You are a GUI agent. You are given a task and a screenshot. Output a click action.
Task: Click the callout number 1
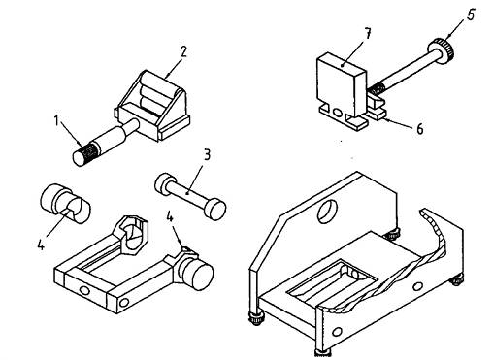pyautogui.click(x=57, y=121)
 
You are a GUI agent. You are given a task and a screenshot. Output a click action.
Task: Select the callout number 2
pyautogui.click(x=183, y=51)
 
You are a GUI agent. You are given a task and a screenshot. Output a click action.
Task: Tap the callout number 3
pyautogui.click(x=207, y=154)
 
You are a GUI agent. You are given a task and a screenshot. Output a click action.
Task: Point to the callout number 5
pyautogui.click(x=471, y=15)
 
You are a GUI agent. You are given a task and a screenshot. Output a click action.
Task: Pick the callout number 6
pyautogui.click(x=419, y=129)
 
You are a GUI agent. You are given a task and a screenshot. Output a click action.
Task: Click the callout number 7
pyautogui.click(x=367, y=34)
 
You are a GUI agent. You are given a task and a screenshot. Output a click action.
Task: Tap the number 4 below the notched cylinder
pyautogui.click(x=41, y=245)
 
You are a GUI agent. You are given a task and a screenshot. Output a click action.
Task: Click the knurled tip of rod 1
pyautogui.click(x=84, y=154)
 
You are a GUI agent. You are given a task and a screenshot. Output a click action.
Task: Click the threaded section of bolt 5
pyautogui.click(x=376, y=87)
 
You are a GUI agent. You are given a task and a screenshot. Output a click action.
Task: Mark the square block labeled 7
pyautogui.click(x=341, y=85)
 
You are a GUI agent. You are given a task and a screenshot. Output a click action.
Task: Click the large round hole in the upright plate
pyautogui.click(x=327, y=212)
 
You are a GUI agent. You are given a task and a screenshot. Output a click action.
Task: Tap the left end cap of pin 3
pyautogui.click(x=163, y=183)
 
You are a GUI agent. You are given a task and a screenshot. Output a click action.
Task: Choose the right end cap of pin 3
pyautogui.click(x=214, y=209)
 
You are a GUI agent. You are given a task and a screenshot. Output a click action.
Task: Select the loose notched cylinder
pyautogui.click(x=66, y=204)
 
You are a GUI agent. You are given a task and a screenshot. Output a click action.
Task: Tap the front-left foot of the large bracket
pyautogui.click(x=256, y=317)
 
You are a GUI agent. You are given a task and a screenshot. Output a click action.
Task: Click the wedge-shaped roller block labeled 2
pyautogui.click(x=152, y=105)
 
